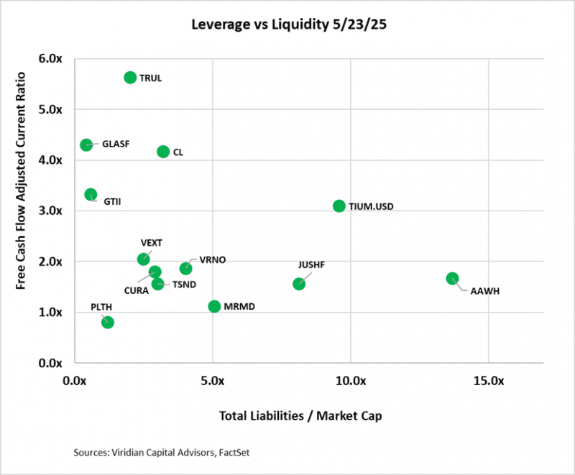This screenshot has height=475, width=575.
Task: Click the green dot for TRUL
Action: [130, 78]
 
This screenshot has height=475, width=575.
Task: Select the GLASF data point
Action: [86, 144]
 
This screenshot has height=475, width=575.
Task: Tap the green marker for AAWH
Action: [452, 279]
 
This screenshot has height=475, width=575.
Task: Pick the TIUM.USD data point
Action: [339, 206]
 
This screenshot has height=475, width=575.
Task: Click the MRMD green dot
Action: [214, 307]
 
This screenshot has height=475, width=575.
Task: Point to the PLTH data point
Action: [108, 322]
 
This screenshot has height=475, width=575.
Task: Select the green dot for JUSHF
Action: [299, 284]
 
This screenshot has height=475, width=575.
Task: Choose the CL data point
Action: [163, 152]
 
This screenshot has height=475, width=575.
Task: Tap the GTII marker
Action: [91, 195]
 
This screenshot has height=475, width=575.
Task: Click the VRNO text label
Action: [213, 260]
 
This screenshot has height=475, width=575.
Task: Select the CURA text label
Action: [136, 291]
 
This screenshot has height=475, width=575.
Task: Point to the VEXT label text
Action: [152, 243]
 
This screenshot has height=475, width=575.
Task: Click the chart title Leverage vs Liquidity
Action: [287, 24]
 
